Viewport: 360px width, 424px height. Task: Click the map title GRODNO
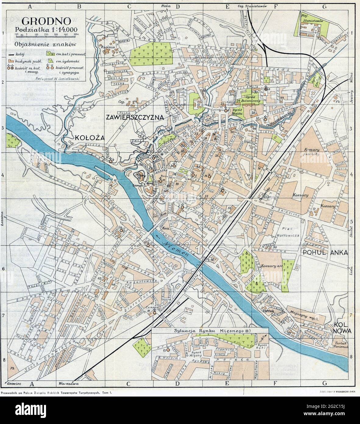(x=47, y=21)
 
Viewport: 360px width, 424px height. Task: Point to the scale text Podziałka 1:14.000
(x=46, y=30)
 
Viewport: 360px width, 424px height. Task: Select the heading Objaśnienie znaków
(x=45, y=44)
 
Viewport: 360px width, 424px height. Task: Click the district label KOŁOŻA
(x=88, y=138)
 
